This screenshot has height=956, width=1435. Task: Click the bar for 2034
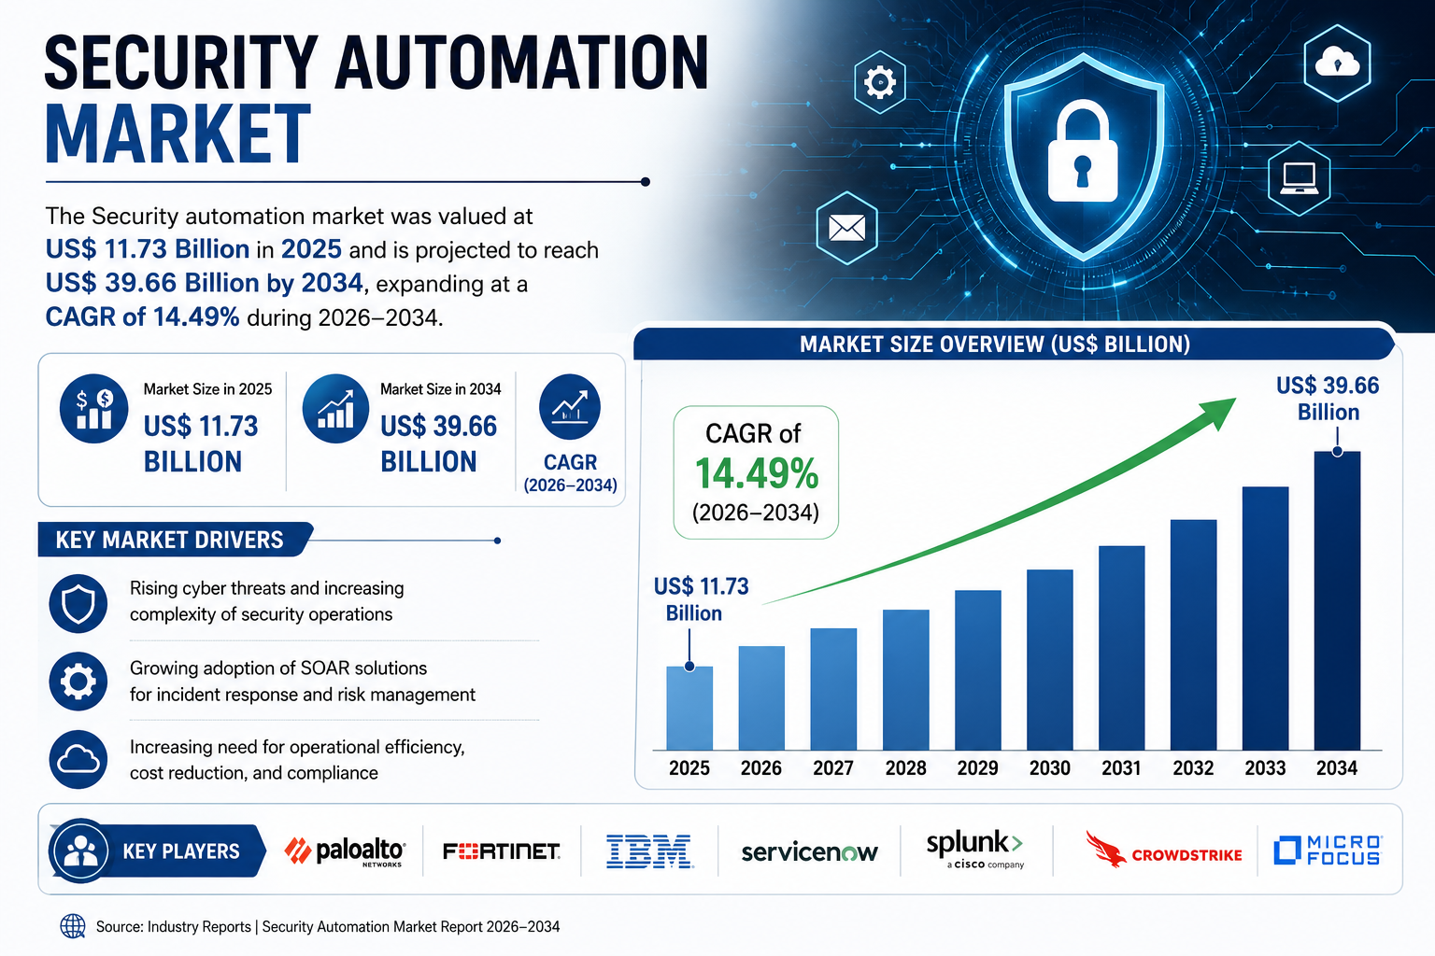[1337, 600]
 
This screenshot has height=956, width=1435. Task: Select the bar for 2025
[689, 709]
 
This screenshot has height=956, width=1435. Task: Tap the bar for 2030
[1049, 659]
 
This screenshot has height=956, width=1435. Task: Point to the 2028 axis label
[905, 767]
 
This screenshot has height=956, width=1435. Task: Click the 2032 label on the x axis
[1193, 767]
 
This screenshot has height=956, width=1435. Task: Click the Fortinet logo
[502, 851]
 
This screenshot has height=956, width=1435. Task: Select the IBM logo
[649, 851]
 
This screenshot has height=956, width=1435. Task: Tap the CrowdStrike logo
[1163, 850]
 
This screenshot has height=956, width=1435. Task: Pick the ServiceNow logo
[809, 852]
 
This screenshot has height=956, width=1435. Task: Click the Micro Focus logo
[1328, 850]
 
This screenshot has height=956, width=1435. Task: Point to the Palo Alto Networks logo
[345, 851]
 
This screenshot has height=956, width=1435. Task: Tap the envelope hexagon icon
[847, 228]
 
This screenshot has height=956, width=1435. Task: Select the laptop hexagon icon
[1300, 178]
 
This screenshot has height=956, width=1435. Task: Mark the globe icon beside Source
[72, 926]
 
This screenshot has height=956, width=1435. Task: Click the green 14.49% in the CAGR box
[757, 473]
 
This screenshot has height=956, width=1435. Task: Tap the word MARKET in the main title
[178, 135]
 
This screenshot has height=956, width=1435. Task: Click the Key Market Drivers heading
[169, 540]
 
